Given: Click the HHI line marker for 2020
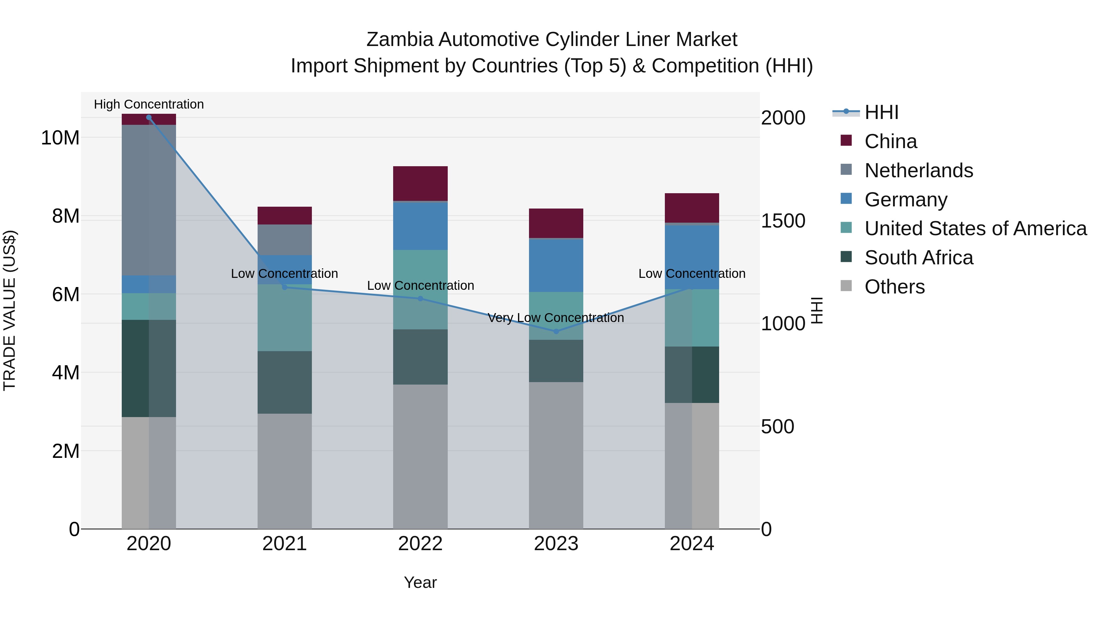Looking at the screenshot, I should tap(149, 117).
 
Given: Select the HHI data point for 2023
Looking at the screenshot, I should tap(556, 331).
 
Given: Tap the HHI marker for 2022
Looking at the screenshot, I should tap(420, 299).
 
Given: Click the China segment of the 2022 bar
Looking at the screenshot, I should tap(420, 183).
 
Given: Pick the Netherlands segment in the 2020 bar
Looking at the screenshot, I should tap(149, 200).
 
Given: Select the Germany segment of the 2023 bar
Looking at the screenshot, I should tap(556, 265).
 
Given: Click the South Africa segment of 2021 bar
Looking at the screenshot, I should tap(285, 382).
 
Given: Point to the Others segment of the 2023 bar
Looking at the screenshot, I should tap(556, 455).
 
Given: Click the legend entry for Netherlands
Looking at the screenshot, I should tap(918, 171).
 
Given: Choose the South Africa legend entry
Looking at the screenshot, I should tap(918, 258).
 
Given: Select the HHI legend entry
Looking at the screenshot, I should tap(881, 112).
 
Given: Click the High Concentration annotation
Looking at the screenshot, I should tap(149, 104).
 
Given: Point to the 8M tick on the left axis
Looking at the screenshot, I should tap(66, 216).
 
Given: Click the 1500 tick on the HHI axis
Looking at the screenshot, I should tap(783, 221).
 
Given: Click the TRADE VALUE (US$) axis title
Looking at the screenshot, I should tap(10, 310).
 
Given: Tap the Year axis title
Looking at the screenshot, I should tap(420, 582).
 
